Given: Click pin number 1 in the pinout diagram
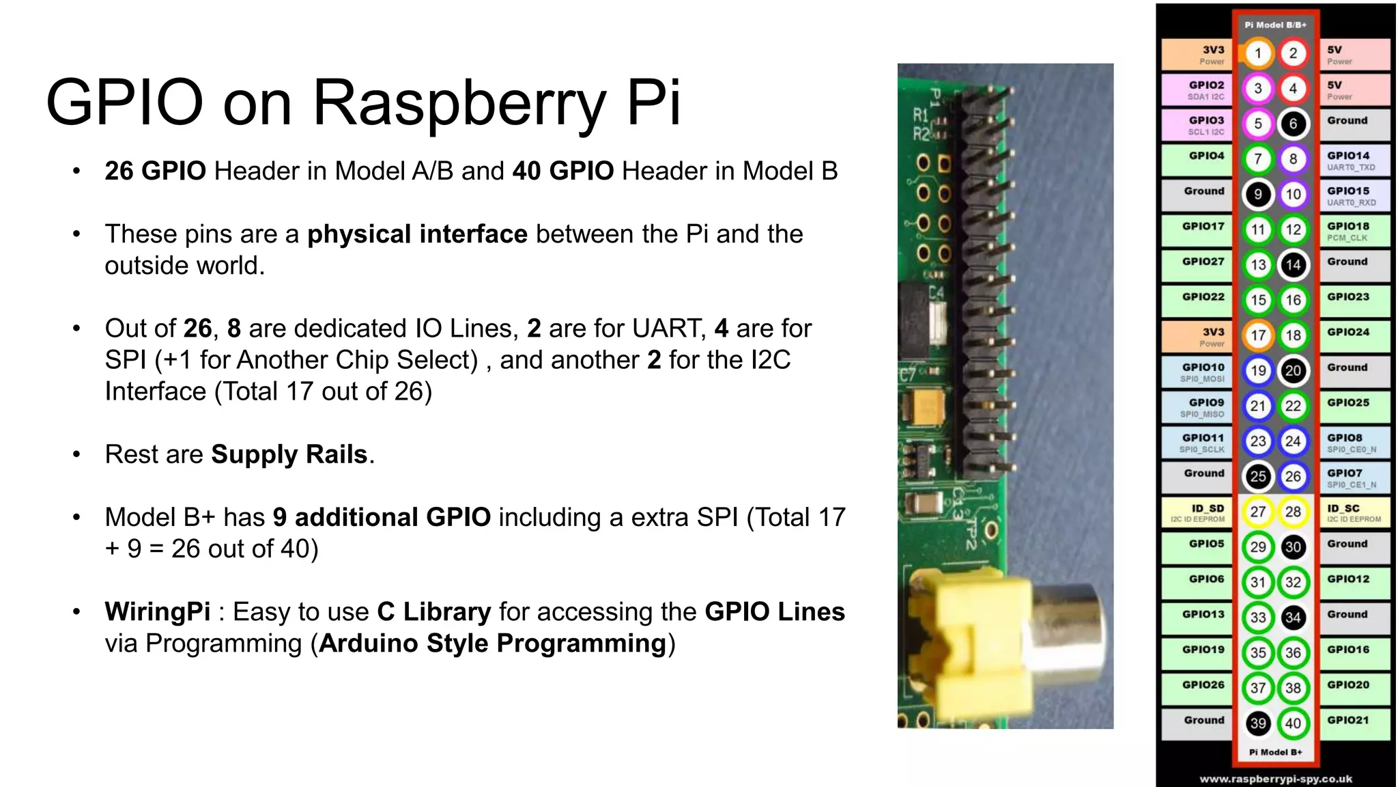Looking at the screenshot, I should (x=1257, y=53).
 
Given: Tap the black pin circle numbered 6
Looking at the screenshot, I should (x=1293, y=124).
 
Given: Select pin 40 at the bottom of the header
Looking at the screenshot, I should (x=1293, y=723).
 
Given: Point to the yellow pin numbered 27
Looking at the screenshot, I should (x=1257, y=512).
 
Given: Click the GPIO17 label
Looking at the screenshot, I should (x=1203, y=227).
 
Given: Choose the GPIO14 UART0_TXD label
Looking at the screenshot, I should (x=1352, y=161).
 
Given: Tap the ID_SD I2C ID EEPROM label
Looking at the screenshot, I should (x=1198, y=513).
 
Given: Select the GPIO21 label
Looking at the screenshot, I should (x=1348, y=720).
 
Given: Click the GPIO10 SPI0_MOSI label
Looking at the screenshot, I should (x=1203, y=372).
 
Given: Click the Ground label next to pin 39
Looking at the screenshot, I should (x=1203, y=720).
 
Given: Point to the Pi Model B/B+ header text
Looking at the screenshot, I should (x=1275, y=25).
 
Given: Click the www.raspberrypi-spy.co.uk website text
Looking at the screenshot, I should (x=1275, y=779).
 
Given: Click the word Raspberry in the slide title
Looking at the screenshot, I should (x=459, y=102).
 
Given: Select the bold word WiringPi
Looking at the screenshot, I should (x=158, y=611).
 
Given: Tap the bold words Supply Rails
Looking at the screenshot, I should (x=289, y=454).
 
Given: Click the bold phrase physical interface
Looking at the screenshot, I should (x=417, y=234).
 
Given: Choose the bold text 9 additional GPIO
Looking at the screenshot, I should (x=382, y=517).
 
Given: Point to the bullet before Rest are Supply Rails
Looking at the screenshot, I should (x=76, y=454).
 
